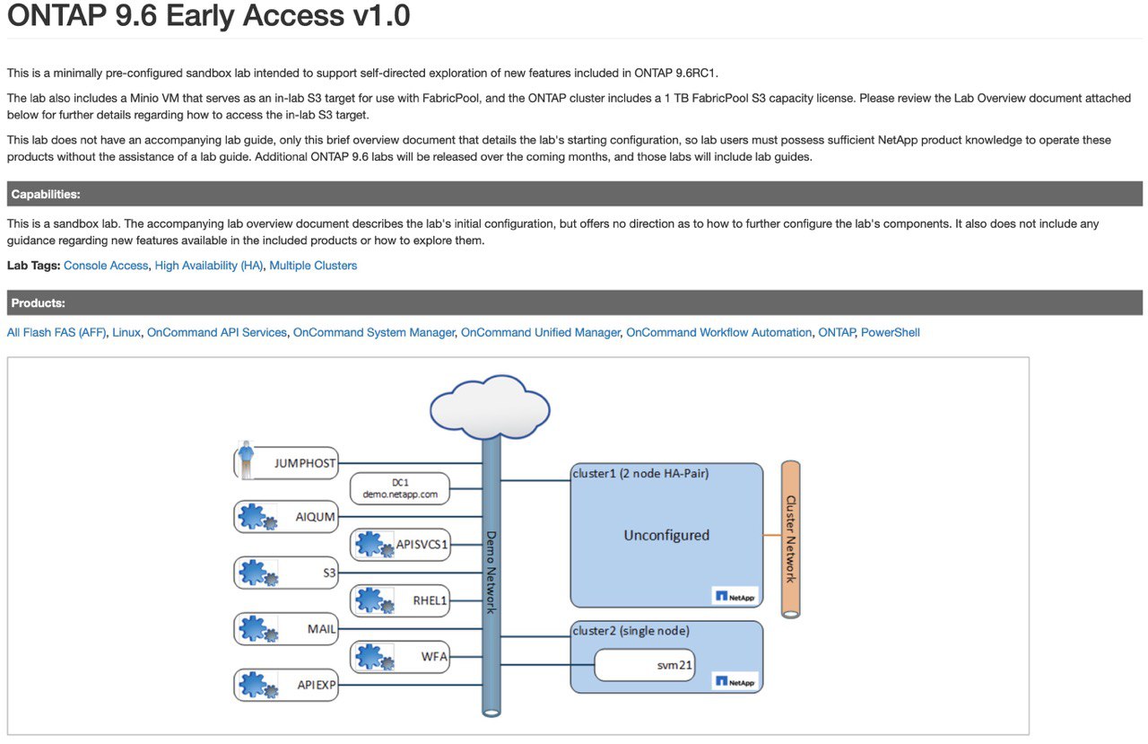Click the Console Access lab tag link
pos(106,266)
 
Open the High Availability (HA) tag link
pos(209,266)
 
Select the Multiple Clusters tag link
pos(313,266)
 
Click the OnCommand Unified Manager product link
pos(540,332)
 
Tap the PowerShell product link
pos(891,332)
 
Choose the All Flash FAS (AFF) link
pos(57,332)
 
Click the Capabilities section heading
pos(46,195)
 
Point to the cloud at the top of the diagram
pos(490,407)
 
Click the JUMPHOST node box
pos(286,463)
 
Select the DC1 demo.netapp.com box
pos(400,488)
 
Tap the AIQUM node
pos(286,517)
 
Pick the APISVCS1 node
pos(400,545)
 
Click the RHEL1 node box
pos(400,600)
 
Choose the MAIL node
pos(286,628)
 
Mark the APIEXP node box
pos(286,685)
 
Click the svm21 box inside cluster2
pos(645,665)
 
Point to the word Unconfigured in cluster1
pos(666,535)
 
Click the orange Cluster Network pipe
pos(791,539)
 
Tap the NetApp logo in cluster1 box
pos(735,596)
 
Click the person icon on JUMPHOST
pos(247,460)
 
